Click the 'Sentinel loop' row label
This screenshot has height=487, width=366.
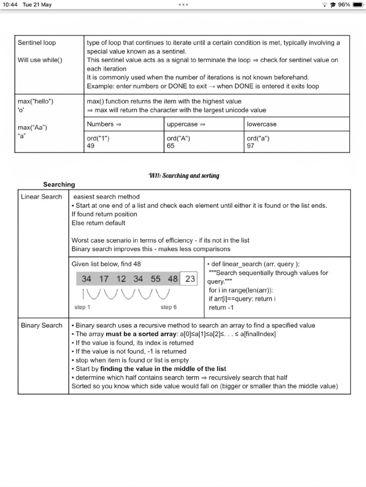37,43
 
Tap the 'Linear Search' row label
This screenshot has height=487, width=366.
41,197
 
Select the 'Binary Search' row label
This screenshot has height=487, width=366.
41,325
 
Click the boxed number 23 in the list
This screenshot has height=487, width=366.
190,279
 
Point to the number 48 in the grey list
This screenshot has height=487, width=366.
173,279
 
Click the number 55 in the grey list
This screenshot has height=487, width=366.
155,279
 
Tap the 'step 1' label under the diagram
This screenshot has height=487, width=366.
82,307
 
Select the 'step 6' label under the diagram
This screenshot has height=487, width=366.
169,307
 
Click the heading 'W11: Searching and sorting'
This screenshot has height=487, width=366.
184,175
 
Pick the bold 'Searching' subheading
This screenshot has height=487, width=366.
59,185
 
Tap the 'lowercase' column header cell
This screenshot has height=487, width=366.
262,124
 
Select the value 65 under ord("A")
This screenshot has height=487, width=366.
171,146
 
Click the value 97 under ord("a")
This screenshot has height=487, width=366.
251,146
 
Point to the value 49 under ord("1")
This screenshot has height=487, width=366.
91,146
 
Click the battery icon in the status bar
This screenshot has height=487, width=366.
358,5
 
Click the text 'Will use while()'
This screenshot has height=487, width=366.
40,60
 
